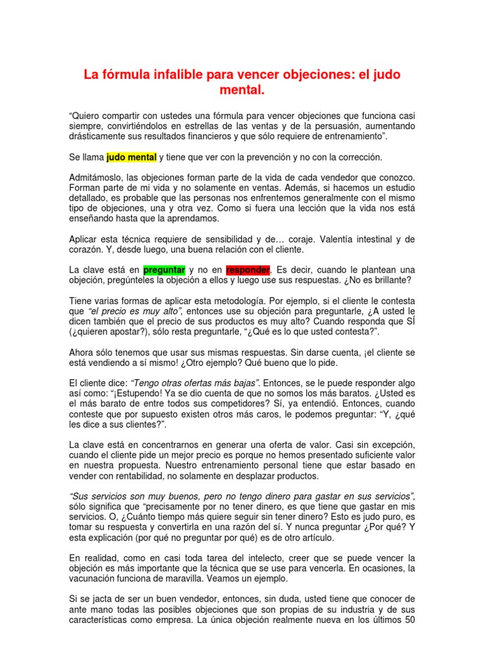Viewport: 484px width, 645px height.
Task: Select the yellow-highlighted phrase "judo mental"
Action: click(131, 157)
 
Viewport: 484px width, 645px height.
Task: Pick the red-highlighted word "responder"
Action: click(248, 270)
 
